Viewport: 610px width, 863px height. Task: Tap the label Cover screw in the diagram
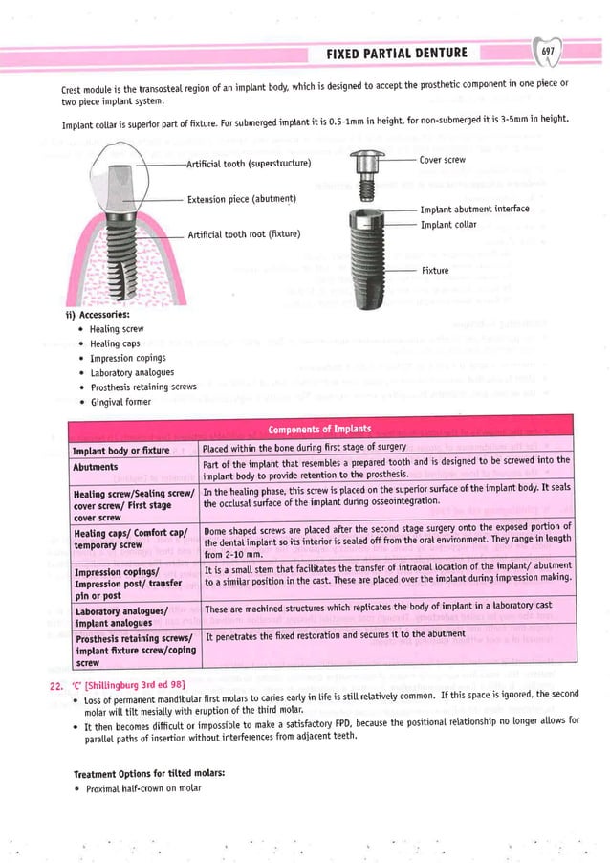tap(443, 160)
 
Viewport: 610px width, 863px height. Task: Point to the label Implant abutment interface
tap(474, 209)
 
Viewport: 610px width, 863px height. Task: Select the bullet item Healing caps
tap(118, 343)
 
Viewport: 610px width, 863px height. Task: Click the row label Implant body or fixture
tap(121, 449)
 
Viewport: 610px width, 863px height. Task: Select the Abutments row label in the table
tap(96, 467)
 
